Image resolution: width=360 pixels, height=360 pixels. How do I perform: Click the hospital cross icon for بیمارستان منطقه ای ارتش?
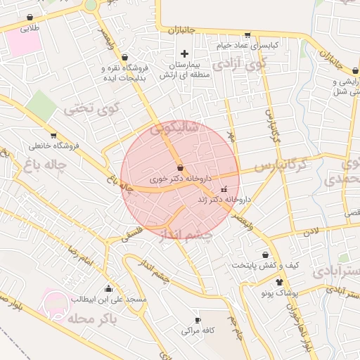(185, 53)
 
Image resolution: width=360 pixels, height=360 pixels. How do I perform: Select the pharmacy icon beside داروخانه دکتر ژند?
(224, 189)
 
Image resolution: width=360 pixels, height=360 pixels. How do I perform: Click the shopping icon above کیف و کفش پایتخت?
(265, 255)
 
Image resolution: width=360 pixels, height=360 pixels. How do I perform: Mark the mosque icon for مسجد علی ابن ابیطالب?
(108, 288)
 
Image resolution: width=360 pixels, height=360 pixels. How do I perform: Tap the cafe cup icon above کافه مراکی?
(198, 320)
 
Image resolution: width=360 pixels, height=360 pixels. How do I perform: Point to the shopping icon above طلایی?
(30, 18)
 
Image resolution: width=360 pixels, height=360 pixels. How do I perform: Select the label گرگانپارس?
(281, 166)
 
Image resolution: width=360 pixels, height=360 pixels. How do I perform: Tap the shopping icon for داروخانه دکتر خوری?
(181, 168)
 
